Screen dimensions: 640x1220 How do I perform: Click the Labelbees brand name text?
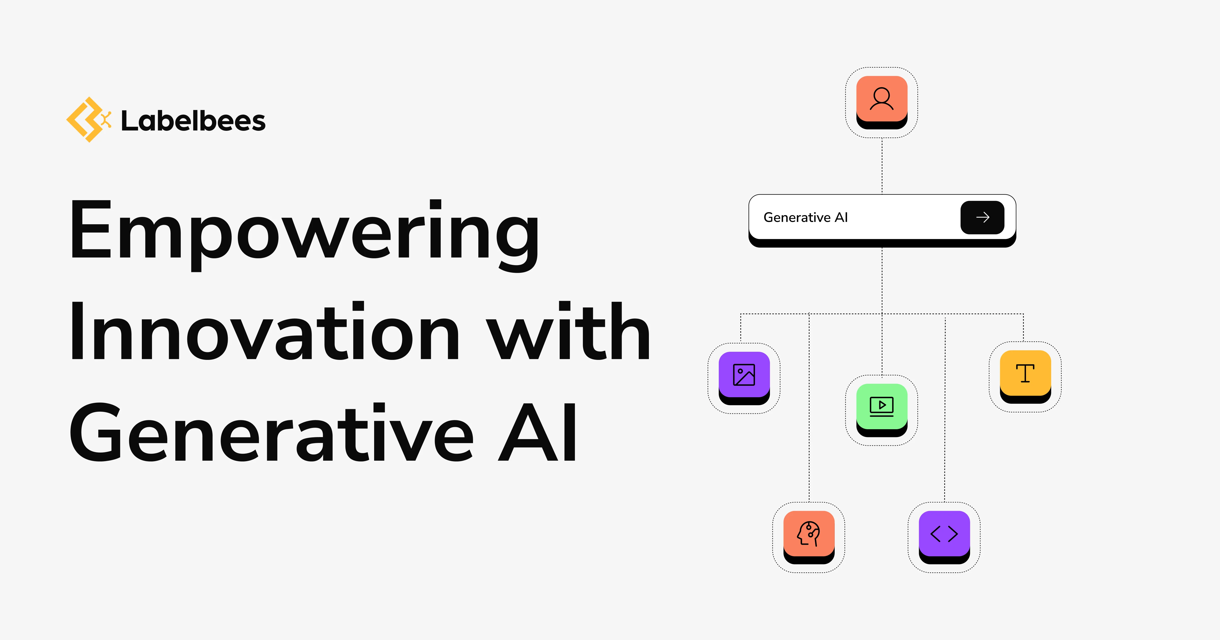(x=193, y=121)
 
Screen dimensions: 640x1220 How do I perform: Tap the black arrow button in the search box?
(x=982, y=217)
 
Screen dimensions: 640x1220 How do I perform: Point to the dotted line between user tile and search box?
(x=882, y=166)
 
